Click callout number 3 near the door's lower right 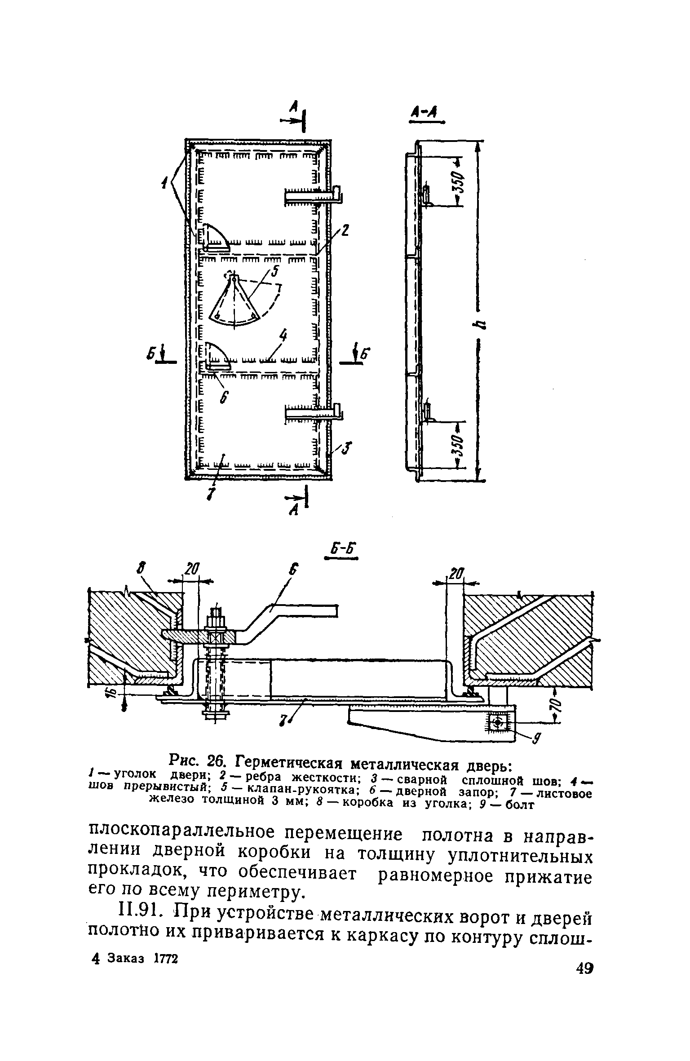[x=348, y=447]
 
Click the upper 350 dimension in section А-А [x=458, y=182]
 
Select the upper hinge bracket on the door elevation [x=314, y=196]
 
